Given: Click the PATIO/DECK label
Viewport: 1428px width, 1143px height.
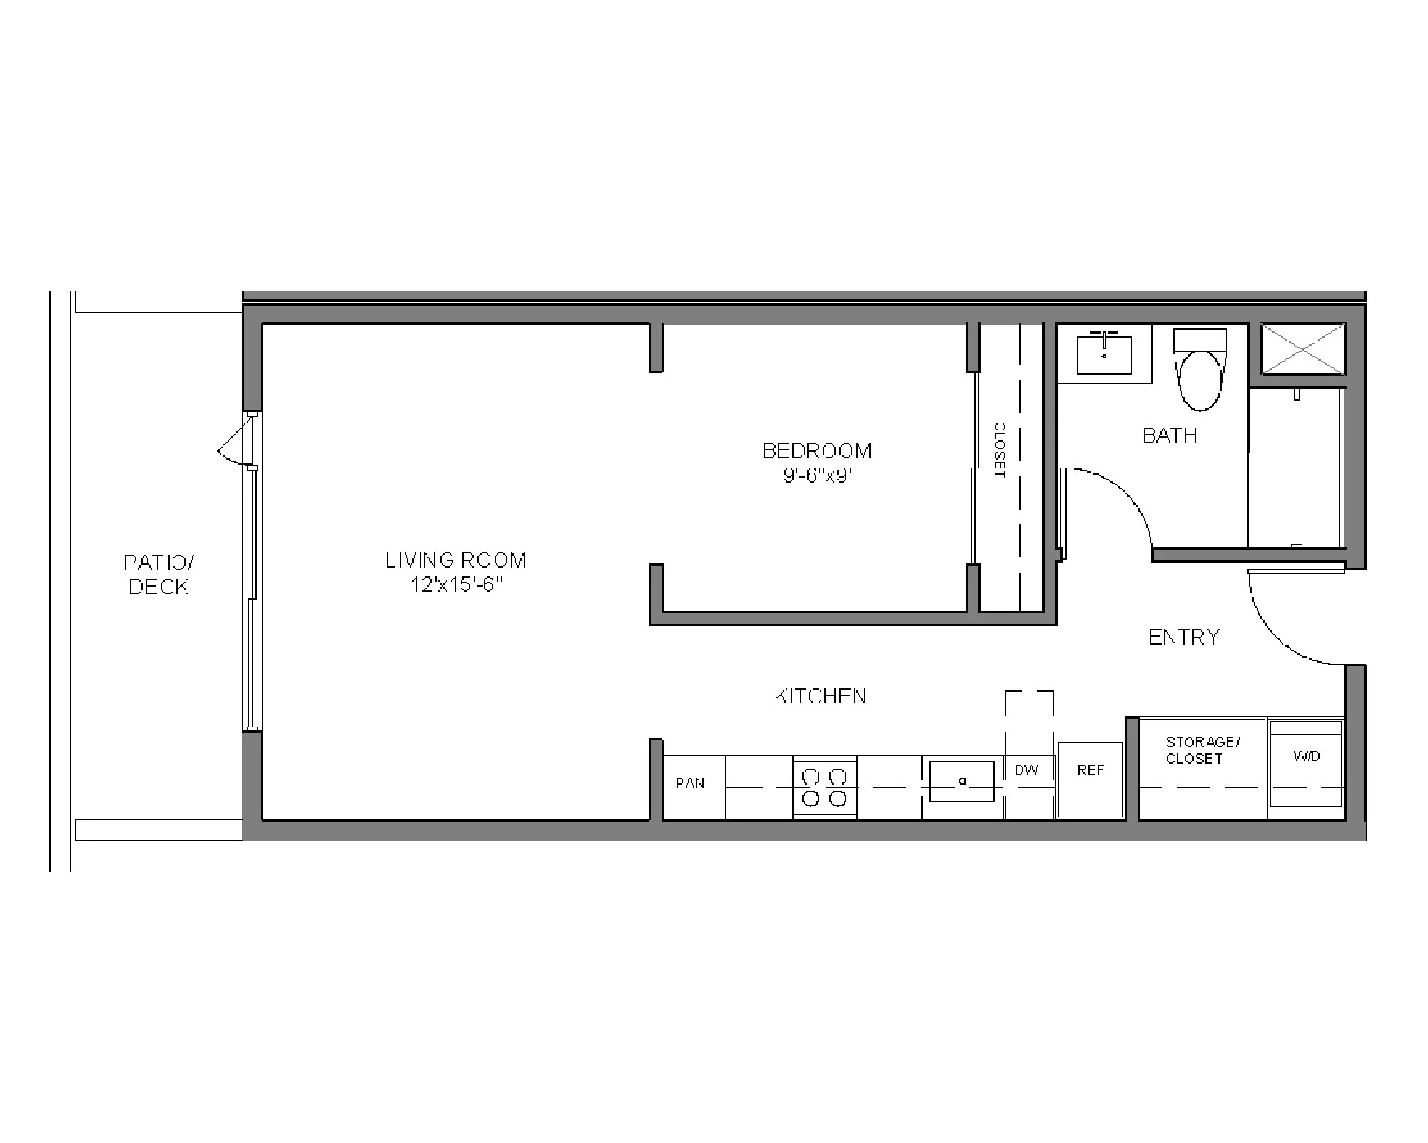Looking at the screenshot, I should pyautogui.click(x=158, y=575).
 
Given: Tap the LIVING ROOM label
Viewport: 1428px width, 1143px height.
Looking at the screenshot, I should pyautogui.click(x=456, y=560).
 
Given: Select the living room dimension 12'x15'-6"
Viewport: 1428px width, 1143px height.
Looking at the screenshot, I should pyautogui.click(x=457, y=585).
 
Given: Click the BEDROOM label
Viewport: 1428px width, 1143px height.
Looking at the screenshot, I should pyautogui.click(x=817, y=451).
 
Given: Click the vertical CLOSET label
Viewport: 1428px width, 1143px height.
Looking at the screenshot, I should pyautogui.click(x=999, y=450).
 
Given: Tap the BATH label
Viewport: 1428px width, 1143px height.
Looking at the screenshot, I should pyautogui.click(x=1170, y=435).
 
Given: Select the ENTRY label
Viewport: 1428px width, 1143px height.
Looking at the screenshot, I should pyautogui.click(x=1185, y=637).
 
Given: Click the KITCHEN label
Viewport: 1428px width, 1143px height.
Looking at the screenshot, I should pyautogui.click(x=820, y=696).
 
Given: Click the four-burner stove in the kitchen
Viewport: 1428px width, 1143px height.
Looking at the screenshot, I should pyautogui.click(x=824, y=787).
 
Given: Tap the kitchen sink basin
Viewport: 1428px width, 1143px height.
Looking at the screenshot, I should pyautogui.click(x=962, y=782).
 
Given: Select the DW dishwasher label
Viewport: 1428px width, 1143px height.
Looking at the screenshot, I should pyautogui.click(x=1027, y=770).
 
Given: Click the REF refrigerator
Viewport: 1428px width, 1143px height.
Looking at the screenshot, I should pyautogui.click(x=1090, y=780).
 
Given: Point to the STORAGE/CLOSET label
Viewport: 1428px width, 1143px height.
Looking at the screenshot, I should pyautogui.click(x=1202, y=750).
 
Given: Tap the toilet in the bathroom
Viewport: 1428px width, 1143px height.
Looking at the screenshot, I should pyautogui.click(x=1200, y=375).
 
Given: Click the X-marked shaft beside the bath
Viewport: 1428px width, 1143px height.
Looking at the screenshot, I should pyautogui.click(x=1303, y=348).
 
